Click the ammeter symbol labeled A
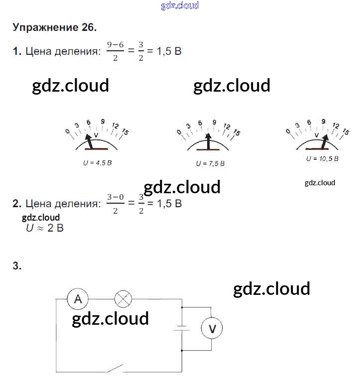pyautogui.click(x=78, y=299)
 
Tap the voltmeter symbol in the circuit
pyautogui.click(x=212, y=328)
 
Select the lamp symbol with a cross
pyautogui.click(x=123, y=299)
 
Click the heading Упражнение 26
pyautogui.click(x=54, y=27)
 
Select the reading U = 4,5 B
pyautogui.click(x=97, y=163)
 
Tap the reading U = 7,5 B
pyautogui.click(x=210, y=163)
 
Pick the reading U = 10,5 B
pyautogui.click(x=322, y=158)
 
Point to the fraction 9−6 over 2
pyautogui.click(x=115, y=51)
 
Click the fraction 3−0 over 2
pyautogui.click(x=115, y=203)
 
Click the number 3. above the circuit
pyautogui.click(x=17, y=266)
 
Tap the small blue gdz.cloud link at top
pyautogui.click(x=180, y=5)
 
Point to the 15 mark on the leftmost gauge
pyautogui.click(x=124, y=132)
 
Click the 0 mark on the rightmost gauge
pyautogui.click(x=288, y=131)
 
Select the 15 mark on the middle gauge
pyautogui.click(x=237, y=133)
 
